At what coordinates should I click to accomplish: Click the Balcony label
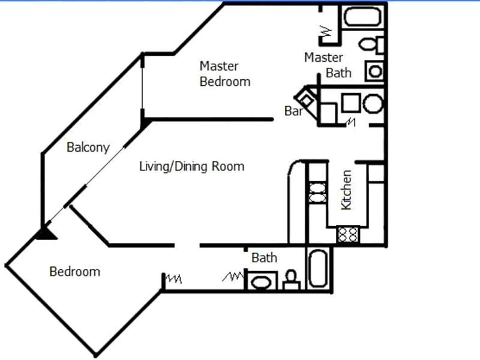click(x=88, y=148)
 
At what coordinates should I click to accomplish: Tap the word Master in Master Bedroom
click(x=219, y=66)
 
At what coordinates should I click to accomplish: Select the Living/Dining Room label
click(x=191, y=167)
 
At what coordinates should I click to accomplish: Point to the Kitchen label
click(x=346, y=190)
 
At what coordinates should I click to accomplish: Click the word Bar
click(x=293, y=111)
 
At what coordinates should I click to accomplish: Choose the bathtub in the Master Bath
click(x=362, y=17)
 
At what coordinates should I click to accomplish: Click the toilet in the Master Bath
click(x=371, y=44)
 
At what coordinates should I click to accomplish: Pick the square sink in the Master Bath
click(x=374, y=71)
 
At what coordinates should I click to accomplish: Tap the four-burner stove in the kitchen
click(x=348, y=235)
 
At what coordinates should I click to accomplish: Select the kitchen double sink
click(x=317, y=193)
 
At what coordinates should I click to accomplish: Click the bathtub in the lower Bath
click(x=318, y=268)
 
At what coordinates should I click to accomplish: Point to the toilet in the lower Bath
click(x=291, y=280)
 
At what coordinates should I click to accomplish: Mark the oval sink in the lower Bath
click(x=261, y=282)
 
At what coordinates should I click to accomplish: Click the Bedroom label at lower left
click(x=74, y=272)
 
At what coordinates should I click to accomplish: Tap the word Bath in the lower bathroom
click(x=264, y=258)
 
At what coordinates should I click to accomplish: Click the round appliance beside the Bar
click(x=373, y=103)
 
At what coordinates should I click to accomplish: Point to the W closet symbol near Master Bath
click(x=326, y=31)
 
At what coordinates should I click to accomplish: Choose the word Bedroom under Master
click(x=225, y=82)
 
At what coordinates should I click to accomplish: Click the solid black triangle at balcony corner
click(x=46, y=233)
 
